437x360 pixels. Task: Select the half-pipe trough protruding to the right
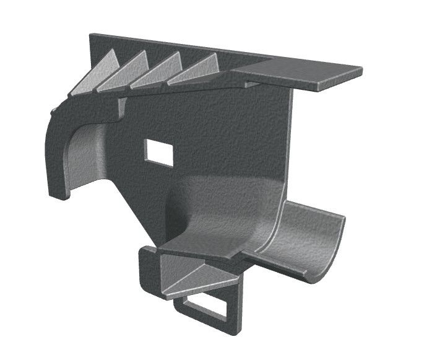click(x=303, y=239)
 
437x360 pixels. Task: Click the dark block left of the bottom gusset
click(x=148, y=273)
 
